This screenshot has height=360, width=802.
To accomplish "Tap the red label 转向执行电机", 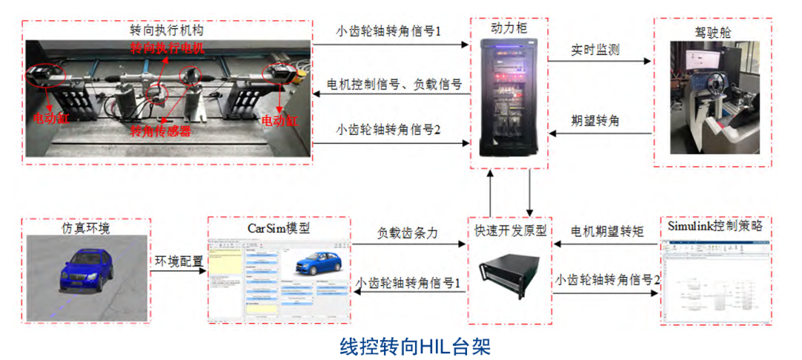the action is [x=166, y=50].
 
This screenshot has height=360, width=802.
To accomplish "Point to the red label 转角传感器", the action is [x=160, y=131].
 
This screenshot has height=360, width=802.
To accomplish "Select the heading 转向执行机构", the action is [x=166, y=30].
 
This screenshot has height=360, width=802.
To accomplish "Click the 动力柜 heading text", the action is [x=509, y=27].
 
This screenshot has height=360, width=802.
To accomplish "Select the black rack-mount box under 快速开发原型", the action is [x=509, y=278].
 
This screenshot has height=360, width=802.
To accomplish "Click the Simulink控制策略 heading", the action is [x=714, y=225].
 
